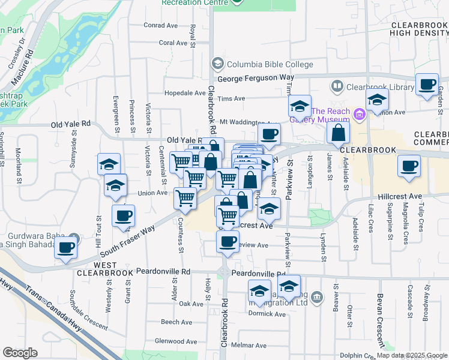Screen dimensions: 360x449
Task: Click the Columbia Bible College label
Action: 270,64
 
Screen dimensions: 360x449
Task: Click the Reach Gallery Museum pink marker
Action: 360,113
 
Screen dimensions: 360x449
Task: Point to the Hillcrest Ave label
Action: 400,196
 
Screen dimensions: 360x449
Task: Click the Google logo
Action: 20,353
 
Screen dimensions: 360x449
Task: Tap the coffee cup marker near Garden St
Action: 427,85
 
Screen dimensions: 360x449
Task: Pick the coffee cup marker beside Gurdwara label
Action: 65,247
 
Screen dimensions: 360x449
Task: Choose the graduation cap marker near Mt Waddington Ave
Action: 298,107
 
